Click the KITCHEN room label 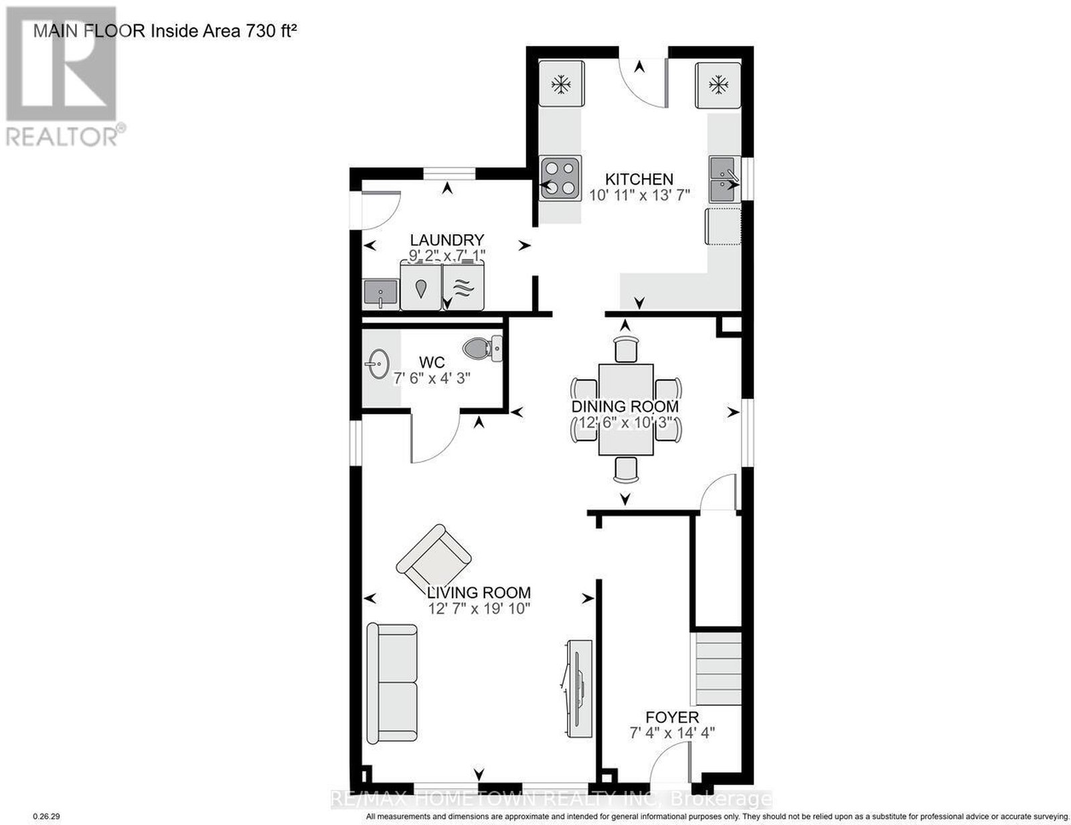[639, 179]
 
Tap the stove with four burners [560, 177]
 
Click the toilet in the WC [483, 349]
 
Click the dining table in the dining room [625, 409]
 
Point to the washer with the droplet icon [420, 286]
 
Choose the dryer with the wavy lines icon [463, 286]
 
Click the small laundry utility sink [380, 294]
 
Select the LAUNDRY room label [447, 240]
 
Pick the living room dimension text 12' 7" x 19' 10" [479, 609]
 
